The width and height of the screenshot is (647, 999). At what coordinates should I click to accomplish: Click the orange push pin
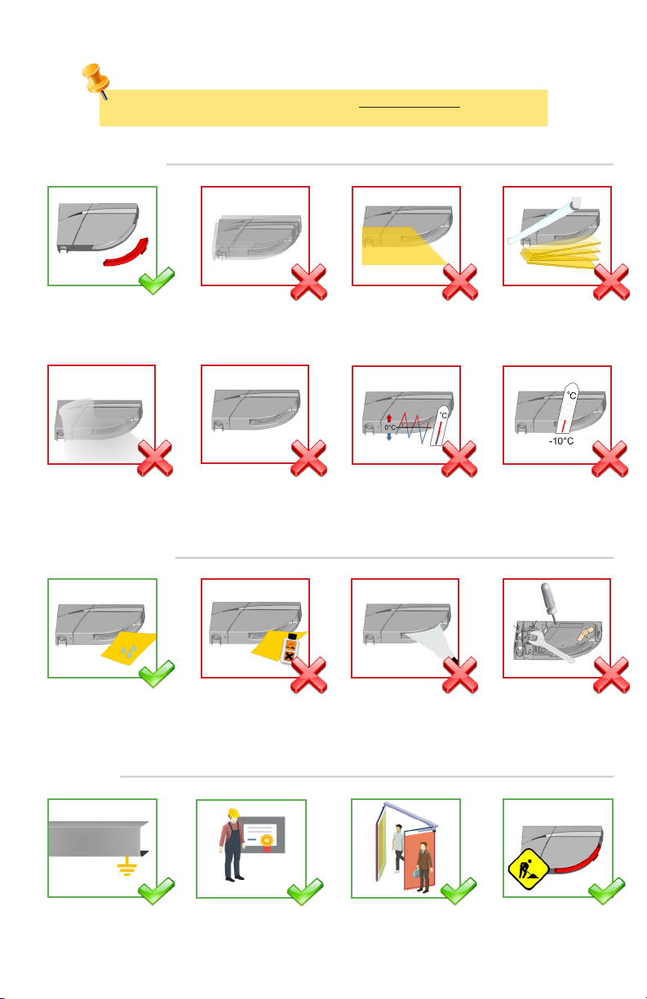95,79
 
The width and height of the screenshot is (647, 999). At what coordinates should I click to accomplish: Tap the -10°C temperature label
561,441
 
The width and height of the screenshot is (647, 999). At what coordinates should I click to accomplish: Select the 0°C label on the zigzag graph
389,427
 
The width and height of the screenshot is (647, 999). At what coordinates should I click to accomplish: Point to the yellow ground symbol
126,866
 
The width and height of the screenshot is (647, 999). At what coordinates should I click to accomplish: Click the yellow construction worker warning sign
529,869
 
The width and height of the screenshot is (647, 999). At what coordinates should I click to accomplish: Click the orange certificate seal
267,841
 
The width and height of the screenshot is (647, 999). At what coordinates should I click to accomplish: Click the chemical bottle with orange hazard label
290,648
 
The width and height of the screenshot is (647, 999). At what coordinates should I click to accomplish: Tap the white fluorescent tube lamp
543,221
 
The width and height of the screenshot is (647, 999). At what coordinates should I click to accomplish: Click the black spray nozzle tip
454,660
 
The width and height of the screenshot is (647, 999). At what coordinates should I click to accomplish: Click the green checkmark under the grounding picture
156,891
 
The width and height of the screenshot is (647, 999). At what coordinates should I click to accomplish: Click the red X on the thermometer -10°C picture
610,458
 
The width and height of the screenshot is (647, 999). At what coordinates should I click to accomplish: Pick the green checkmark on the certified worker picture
305,891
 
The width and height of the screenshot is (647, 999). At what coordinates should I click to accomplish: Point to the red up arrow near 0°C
389,418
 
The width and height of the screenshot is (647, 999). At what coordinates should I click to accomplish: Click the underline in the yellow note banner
410,107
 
